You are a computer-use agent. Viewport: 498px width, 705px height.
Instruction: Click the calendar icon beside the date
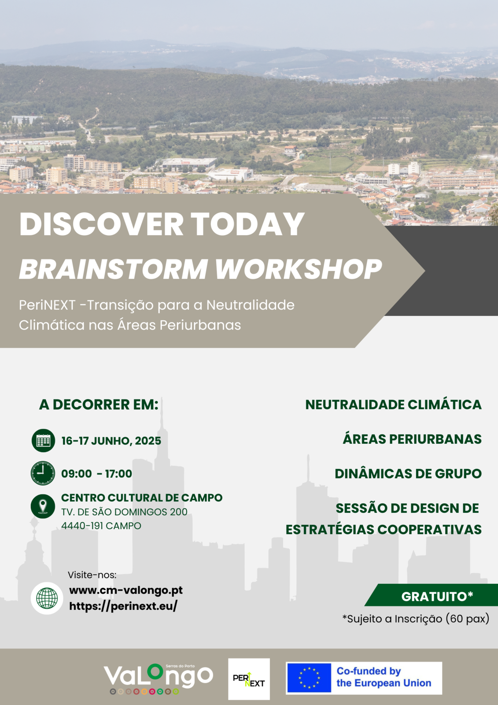point(43,441)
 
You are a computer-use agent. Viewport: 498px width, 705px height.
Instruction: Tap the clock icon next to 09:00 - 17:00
point(43,473)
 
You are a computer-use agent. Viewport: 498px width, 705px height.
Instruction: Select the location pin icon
point(43,506)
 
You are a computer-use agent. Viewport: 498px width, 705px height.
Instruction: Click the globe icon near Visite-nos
point(47,598)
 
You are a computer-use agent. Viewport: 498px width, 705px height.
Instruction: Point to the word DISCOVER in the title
point(101,224)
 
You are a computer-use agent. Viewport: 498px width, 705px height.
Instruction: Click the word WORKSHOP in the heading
point(299,269)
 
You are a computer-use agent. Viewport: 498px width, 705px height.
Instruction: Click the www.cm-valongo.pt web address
point(126,590)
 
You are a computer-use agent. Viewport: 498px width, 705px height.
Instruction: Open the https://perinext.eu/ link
point(123,606)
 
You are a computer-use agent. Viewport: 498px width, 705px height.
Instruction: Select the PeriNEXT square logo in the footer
point(249,679)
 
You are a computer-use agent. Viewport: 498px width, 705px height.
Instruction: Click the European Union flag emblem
point(309,678)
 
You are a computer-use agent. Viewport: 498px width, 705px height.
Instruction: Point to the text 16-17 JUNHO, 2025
point(111,441)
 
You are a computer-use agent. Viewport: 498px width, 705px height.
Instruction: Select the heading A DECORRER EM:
point(99,404)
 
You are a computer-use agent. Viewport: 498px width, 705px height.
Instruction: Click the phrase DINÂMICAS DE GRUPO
point(408,474)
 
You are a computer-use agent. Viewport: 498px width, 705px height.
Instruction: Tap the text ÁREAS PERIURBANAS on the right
point(412,439)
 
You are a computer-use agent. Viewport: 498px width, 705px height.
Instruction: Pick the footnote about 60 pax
point(416,619)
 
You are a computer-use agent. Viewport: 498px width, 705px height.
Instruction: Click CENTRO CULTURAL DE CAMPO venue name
point(142,497)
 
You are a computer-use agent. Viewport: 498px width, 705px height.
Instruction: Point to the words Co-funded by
point(369,671)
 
